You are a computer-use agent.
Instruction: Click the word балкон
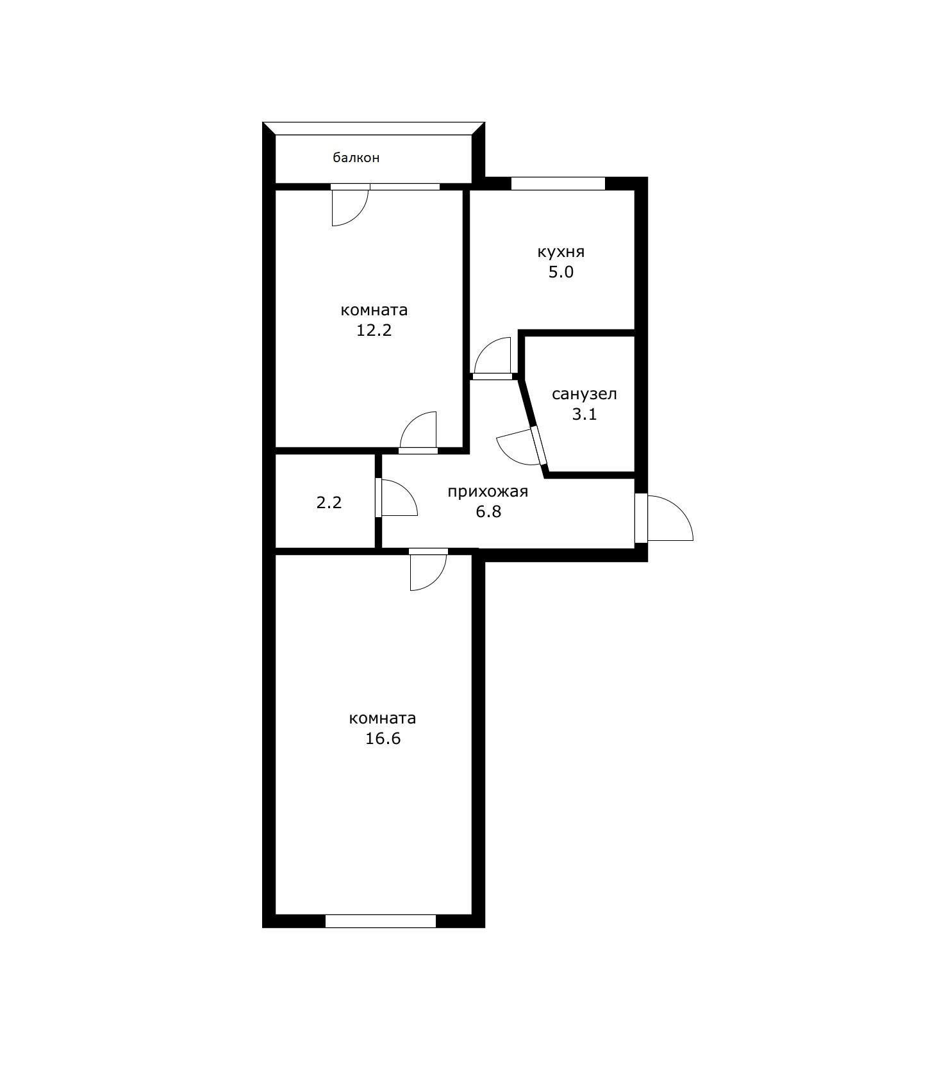[356, 158]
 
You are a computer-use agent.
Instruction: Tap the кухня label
[561, 252]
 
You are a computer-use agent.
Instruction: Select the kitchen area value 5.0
[561, 272]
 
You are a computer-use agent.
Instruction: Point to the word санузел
[584, 393]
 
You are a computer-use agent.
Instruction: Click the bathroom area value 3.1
[584, 414]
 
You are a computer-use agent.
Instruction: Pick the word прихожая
[488, 492]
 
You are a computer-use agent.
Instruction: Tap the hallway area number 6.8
[488, 511]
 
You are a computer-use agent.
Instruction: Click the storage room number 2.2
[329, 503]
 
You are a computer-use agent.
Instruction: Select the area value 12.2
[374, 331]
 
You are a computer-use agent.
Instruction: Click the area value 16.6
[383, 739]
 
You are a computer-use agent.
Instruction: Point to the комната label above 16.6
[383, 718]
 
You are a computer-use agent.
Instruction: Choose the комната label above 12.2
[374, 310]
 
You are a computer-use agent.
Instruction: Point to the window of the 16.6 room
[381, 921]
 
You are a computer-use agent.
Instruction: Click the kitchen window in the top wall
[558, 183]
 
